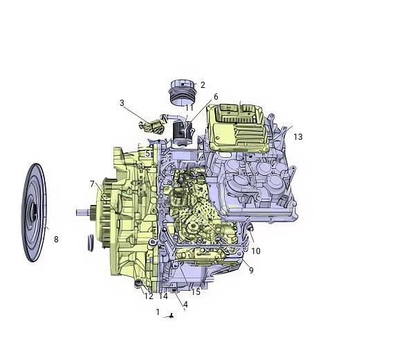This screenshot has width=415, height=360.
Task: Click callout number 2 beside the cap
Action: [203, 85]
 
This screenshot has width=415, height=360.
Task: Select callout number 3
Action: [122, 102]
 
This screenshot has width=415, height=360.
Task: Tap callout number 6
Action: [216, 97]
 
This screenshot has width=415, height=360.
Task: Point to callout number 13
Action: [298, 136]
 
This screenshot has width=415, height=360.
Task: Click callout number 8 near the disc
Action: [56, 240]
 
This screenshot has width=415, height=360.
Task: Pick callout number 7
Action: [92, 184]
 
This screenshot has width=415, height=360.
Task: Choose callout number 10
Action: [256, 251]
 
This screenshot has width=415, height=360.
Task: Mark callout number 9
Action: [251, 270]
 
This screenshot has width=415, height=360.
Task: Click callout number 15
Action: [196, 292]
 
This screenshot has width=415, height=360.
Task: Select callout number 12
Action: [149, 296]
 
